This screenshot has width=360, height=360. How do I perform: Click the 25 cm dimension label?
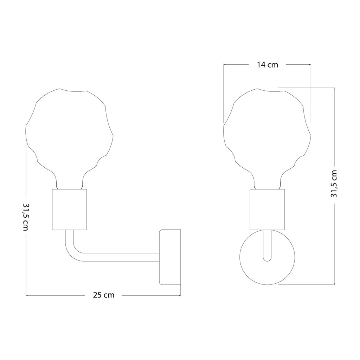click(x=104, y=295)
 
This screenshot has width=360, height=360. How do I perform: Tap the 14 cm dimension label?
click(x=267, y=65)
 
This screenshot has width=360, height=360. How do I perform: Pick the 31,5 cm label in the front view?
click(x=334, y=184)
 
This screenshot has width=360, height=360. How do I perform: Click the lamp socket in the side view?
click(x=70, y=210)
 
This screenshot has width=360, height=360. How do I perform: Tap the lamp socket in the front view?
click(x=267, y=210)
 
